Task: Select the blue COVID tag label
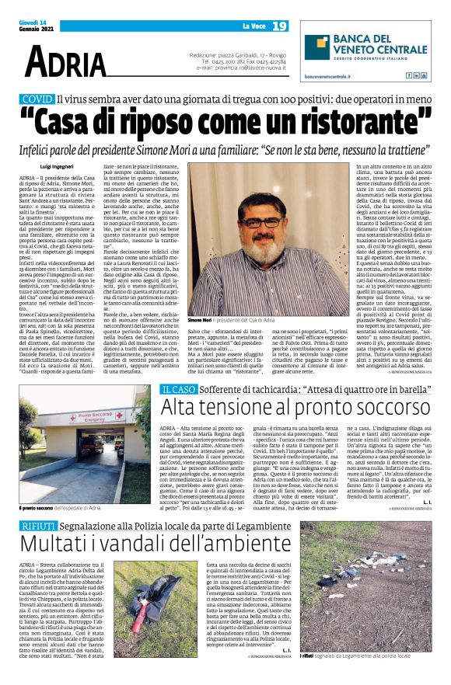point(38,99)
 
